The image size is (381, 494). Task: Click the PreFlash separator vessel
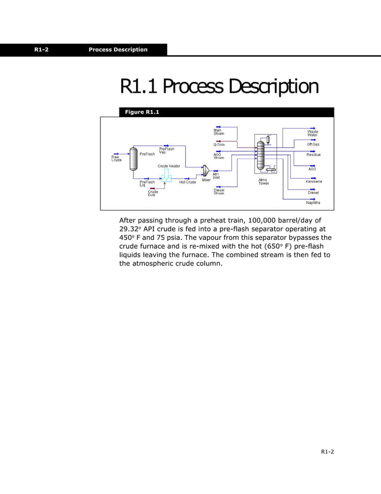pyautogui.click(x=133, y=158)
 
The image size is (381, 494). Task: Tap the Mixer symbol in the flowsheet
pyautogui.click(x=205, y=171)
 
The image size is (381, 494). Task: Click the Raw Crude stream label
pyautogui.click(x=116, y=159)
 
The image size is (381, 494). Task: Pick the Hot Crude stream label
pyautogui.click(x=188, y=182)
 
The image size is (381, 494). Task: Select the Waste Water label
pyautogui.click(x=312, y=133)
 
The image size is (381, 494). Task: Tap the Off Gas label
pyautogui.click(x=313, y=144)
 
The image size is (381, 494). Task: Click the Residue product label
pyautogui.click(x=314, y=155)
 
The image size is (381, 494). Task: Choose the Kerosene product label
pyautogui.click(x=314, y=181)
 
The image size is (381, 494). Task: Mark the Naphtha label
pyautogui.click(x=313, y=203)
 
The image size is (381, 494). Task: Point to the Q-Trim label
pyautogui.click(x=219, y=145)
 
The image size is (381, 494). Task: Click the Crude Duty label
pyautogui.click(x=153, y=193)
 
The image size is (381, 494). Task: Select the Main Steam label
pyautogui.click(x=219, y=132)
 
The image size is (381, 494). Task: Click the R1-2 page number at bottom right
pyautogui.click(x=327, y=451)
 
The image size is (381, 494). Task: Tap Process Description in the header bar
pyautogui.click(x=118, y=50)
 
